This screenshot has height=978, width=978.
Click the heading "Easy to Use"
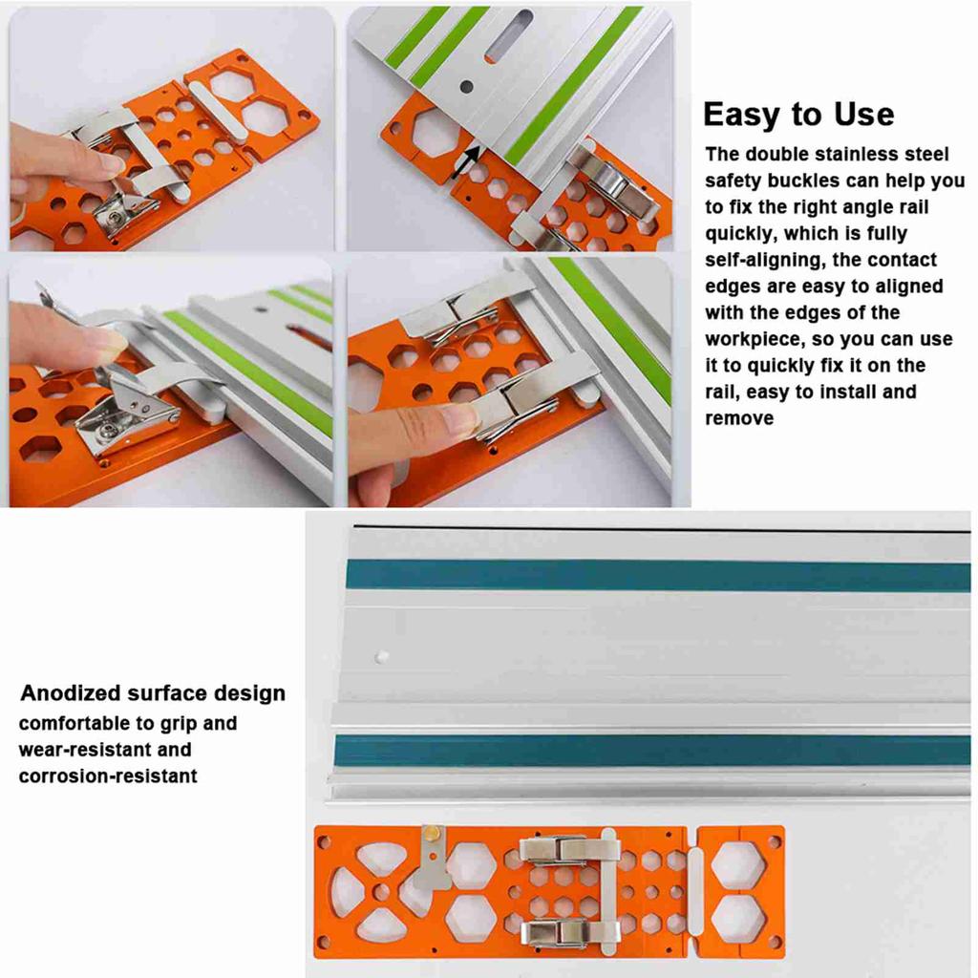[x=798, y=115]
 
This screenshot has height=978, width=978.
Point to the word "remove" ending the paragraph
[x=739, y=418]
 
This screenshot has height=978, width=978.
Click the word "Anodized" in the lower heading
[x=71, y=693]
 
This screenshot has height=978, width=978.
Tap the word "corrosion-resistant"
[x=108, y=776]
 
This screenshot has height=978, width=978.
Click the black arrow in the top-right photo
[x=466, y=162]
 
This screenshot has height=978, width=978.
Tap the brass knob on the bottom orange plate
[x=432, y=832]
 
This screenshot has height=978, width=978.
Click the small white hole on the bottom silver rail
[x=382, y=656]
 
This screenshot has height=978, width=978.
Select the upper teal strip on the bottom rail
[x=658, y=575]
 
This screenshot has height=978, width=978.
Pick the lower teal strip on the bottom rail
[x=651, y=751]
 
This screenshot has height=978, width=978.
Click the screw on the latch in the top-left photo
[x=115, y=217]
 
